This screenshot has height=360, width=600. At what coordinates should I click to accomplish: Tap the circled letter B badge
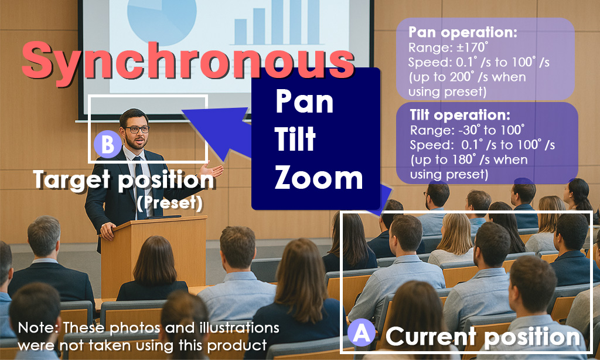pos(108,144)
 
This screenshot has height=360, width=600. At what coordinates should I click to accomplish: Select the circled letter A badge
pos(362,332)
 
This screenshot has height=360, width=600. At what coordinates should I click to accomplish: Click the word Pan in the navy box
pos(304,101)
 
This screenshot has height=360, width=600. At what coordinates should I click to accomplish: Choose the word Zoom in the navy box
pos(318,178)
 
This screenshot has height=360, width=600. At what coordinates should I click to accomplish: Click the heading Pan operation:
pos(463,33)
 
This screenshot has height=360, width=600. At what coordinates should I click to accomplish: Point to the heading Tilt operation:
pos(460,115)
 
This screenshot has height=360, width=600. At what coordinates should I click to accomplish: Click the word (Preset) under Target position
pos(169,203)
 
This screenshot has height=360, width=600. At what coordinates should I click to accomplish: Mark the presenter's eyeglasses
pos(137,130)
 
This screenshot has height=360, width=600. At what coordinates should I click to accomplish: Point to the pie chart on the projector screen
pos(162,19)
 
